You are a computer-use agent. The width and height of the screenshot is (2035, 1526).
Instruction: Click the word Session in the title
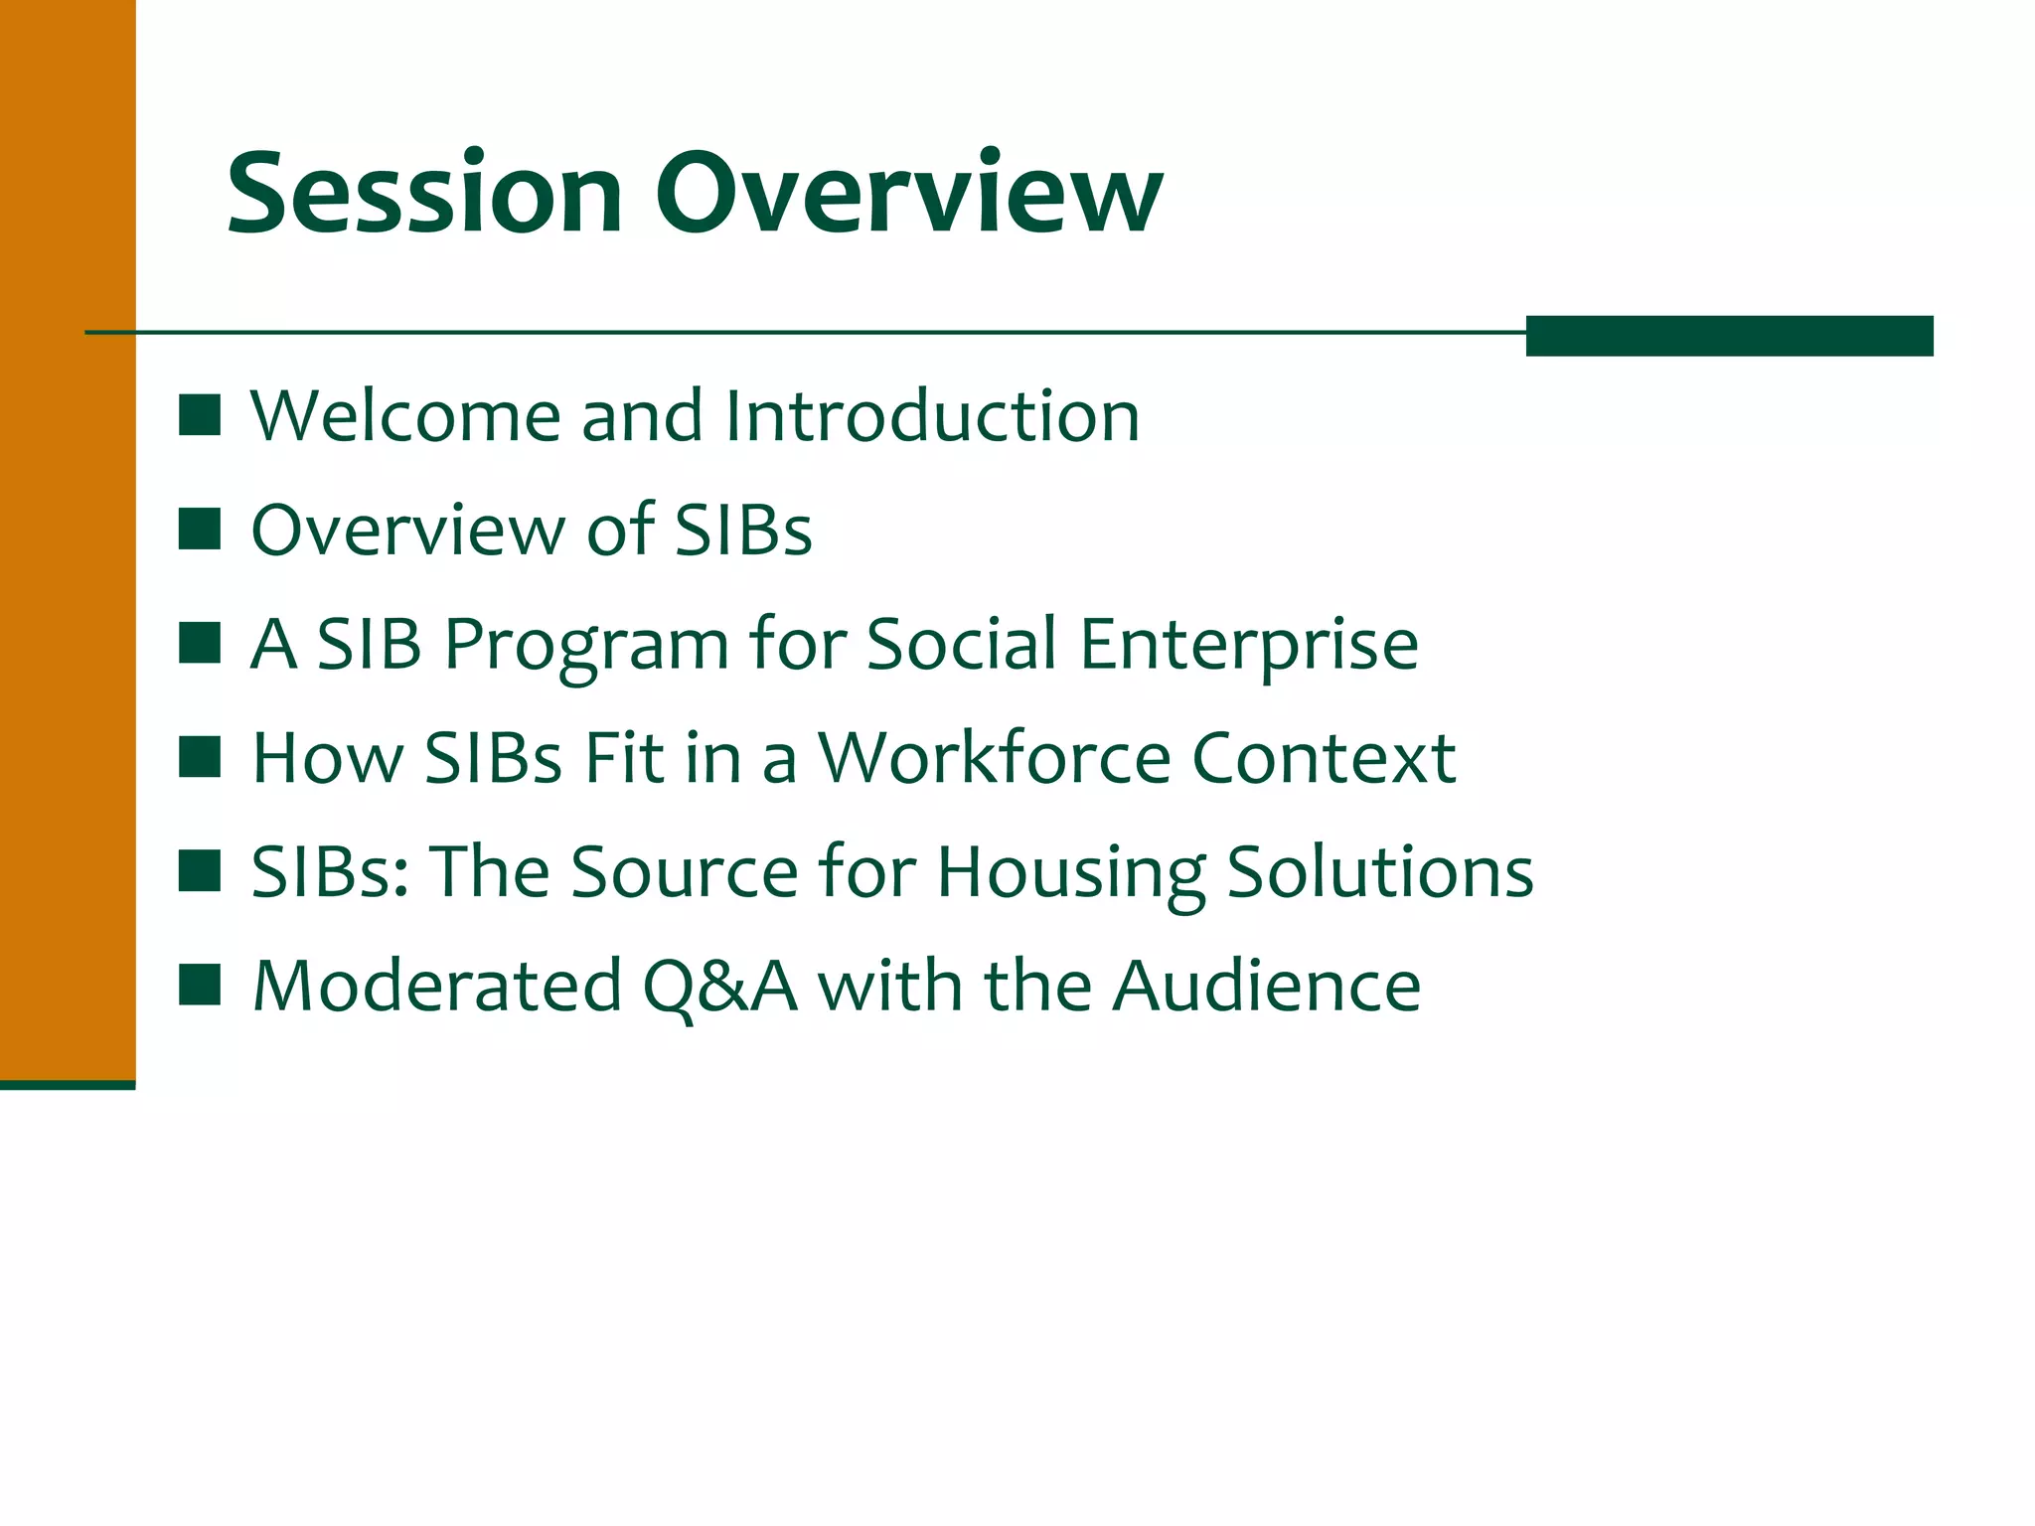tap(424, 194)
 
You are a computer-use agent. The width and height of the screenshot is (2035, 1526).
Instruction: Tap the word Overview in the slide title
tap(908, 194)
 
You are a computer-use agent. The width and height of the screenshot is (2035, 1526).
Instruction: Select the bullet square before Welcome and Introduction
tap(200, 415)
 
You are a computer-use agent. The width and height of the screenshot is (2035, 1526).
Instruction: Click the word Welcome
tap(405, 415)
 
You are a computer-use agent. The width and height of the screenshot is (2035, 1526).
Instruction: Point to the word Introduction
tap(932, 415)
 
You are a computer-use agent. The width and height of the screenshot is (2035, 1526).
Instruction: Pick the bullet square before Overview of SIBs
tap(200, 530)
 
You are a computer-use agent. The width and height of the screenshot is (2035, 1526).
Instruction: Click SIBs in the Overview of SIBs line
tap(743, 530)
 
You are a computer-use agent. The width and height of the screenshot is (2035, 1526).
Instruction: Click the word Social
tap(961, 644)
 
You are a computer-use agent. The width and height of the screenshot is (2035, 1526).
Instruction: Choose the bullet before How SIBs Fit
tap(200, 757)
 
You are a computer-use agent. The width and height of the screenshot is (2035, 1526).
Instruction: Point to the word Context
tap(1324, 758)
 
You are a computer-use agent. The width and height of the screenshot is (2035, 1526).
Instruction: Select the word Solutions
tap(1380, 872)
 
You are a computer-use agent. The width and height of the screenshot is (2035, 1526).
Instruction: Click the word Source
tap(685, 872)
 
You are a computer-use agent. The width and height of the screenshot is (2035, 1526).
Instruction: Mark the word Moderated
tap(437, 987)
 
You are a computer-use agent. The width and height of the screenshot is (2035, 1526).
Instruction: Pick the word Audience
tap(1266, 987)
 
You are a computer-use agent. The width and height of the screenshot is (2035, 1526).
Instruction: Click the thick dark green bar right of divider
tap(1729, 336)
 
